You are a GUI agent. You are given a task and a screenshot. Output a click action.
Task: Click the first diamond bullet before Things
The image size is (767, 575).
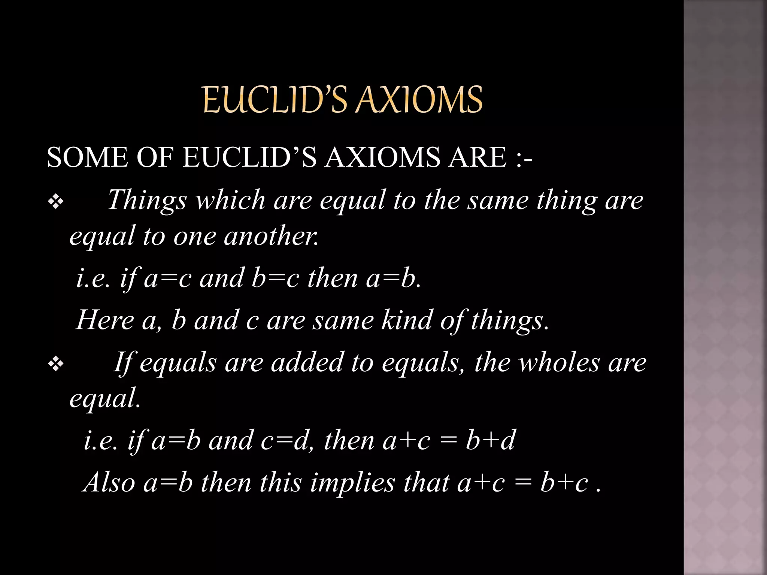tap(56, 203)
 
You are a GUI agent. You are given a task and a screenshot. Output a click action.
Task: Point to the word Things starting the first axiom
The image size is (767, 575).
tap(147, 201)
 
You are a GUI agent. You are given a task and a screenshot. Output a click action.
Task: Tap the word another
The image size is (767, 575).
tap(271, 237)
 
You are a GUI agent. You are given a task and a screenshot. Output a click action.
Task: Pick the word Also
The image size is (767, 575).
tap(109, 483)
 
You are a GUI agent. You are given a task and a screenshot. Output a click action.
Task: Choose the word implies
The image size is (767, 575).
tap(352, 483)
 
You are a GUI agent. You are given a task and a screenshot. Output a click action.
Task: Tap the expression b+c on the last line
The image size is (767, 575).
tap(564, 483)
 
